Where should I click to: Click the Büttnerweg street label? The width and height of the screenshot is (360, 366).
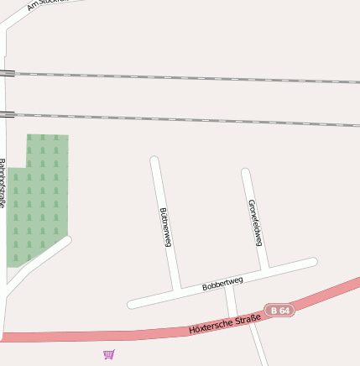pyautogui.click(x=165, y=227)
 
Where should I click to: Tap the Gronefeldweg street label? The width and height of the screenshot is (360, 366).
pyautogui.click(x=255, y=222)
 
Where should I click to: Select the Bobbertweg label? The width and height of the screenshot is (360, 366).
pyautogui.click(x=222, y=284)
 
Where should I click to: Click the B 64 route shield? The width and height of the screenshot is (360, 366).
pyautogui.click(x=280, y=311)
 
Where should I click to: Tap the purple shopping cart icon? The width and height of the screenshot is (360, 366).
pyautogui.click(x=109, y=354)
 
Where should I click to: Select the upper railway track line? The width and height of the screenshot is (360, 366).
pyautogui.click(x=185, y=78)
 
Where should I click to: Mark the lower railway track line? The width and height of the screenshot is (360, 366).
pyautogui.click(x=185, y=119)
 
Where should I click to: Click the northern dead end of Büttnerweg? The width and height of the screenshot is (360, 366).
pyautogui.click(x=154, y=159)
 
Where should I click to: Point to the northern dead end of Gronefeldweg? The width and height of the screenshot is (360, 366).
pyautogui.click(x=246, y=172)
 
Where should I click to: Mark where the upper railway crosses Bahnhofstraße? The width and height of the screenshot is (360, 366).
pyautogui.click(x=6, y=73)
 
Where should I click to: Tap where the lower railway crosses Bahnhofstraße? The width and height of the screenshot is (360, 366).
pyautogui.click(x=6, y=114)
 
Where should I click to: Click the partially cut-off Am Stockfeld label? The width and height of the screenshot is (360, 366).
pyautogui.click(x=46, y=3)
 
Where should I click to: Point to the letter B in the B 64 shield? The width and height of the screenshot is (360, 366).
pyautogui.click(x=274, y=311)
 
